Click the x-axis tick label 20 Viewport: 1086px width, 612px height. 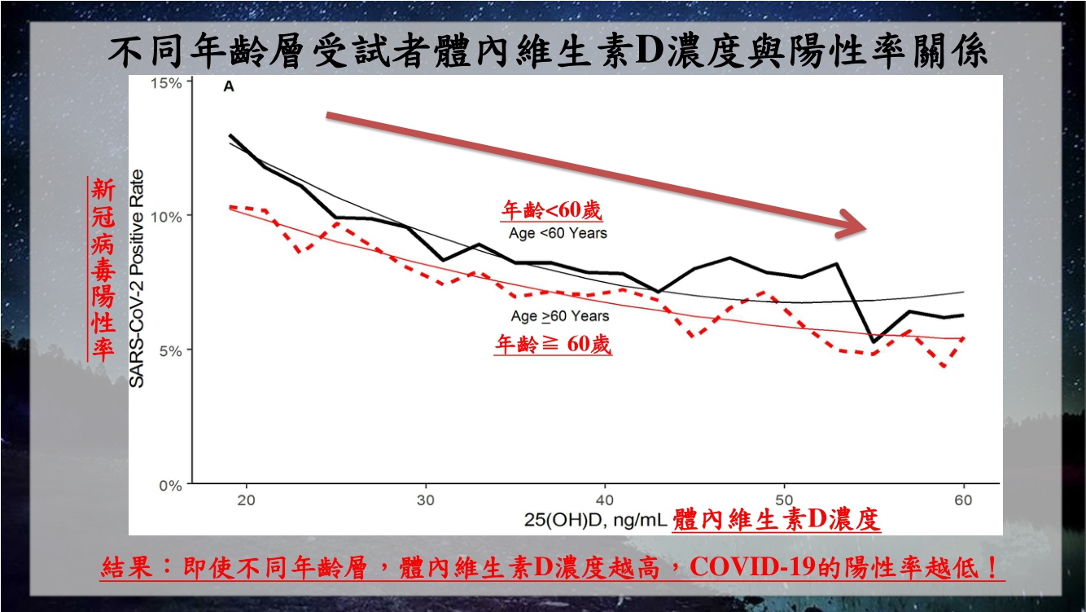246,500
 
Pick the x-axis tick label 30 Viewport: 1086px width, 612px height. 426,500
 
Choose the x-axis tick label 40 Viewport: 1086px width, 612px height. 605,500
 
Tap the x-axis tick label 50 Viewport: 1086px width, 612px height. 784,500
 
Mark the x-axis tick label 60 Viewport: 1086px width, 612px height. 963,500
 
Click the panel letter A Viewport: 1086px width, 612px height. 229,87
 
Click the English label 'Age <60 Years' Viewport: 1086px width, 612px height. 558,233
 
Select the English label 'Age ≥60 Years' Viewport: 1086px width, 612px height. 560,315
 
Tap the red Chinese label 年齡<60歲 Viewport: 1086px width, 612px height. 551,211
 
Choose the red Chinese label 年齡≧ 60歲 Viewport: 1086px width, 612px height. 554,345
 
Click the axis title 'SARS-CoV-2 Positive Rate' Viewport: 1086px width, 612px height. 138,278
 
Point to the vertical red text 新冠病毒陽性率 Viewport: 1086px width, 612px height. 103,269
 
